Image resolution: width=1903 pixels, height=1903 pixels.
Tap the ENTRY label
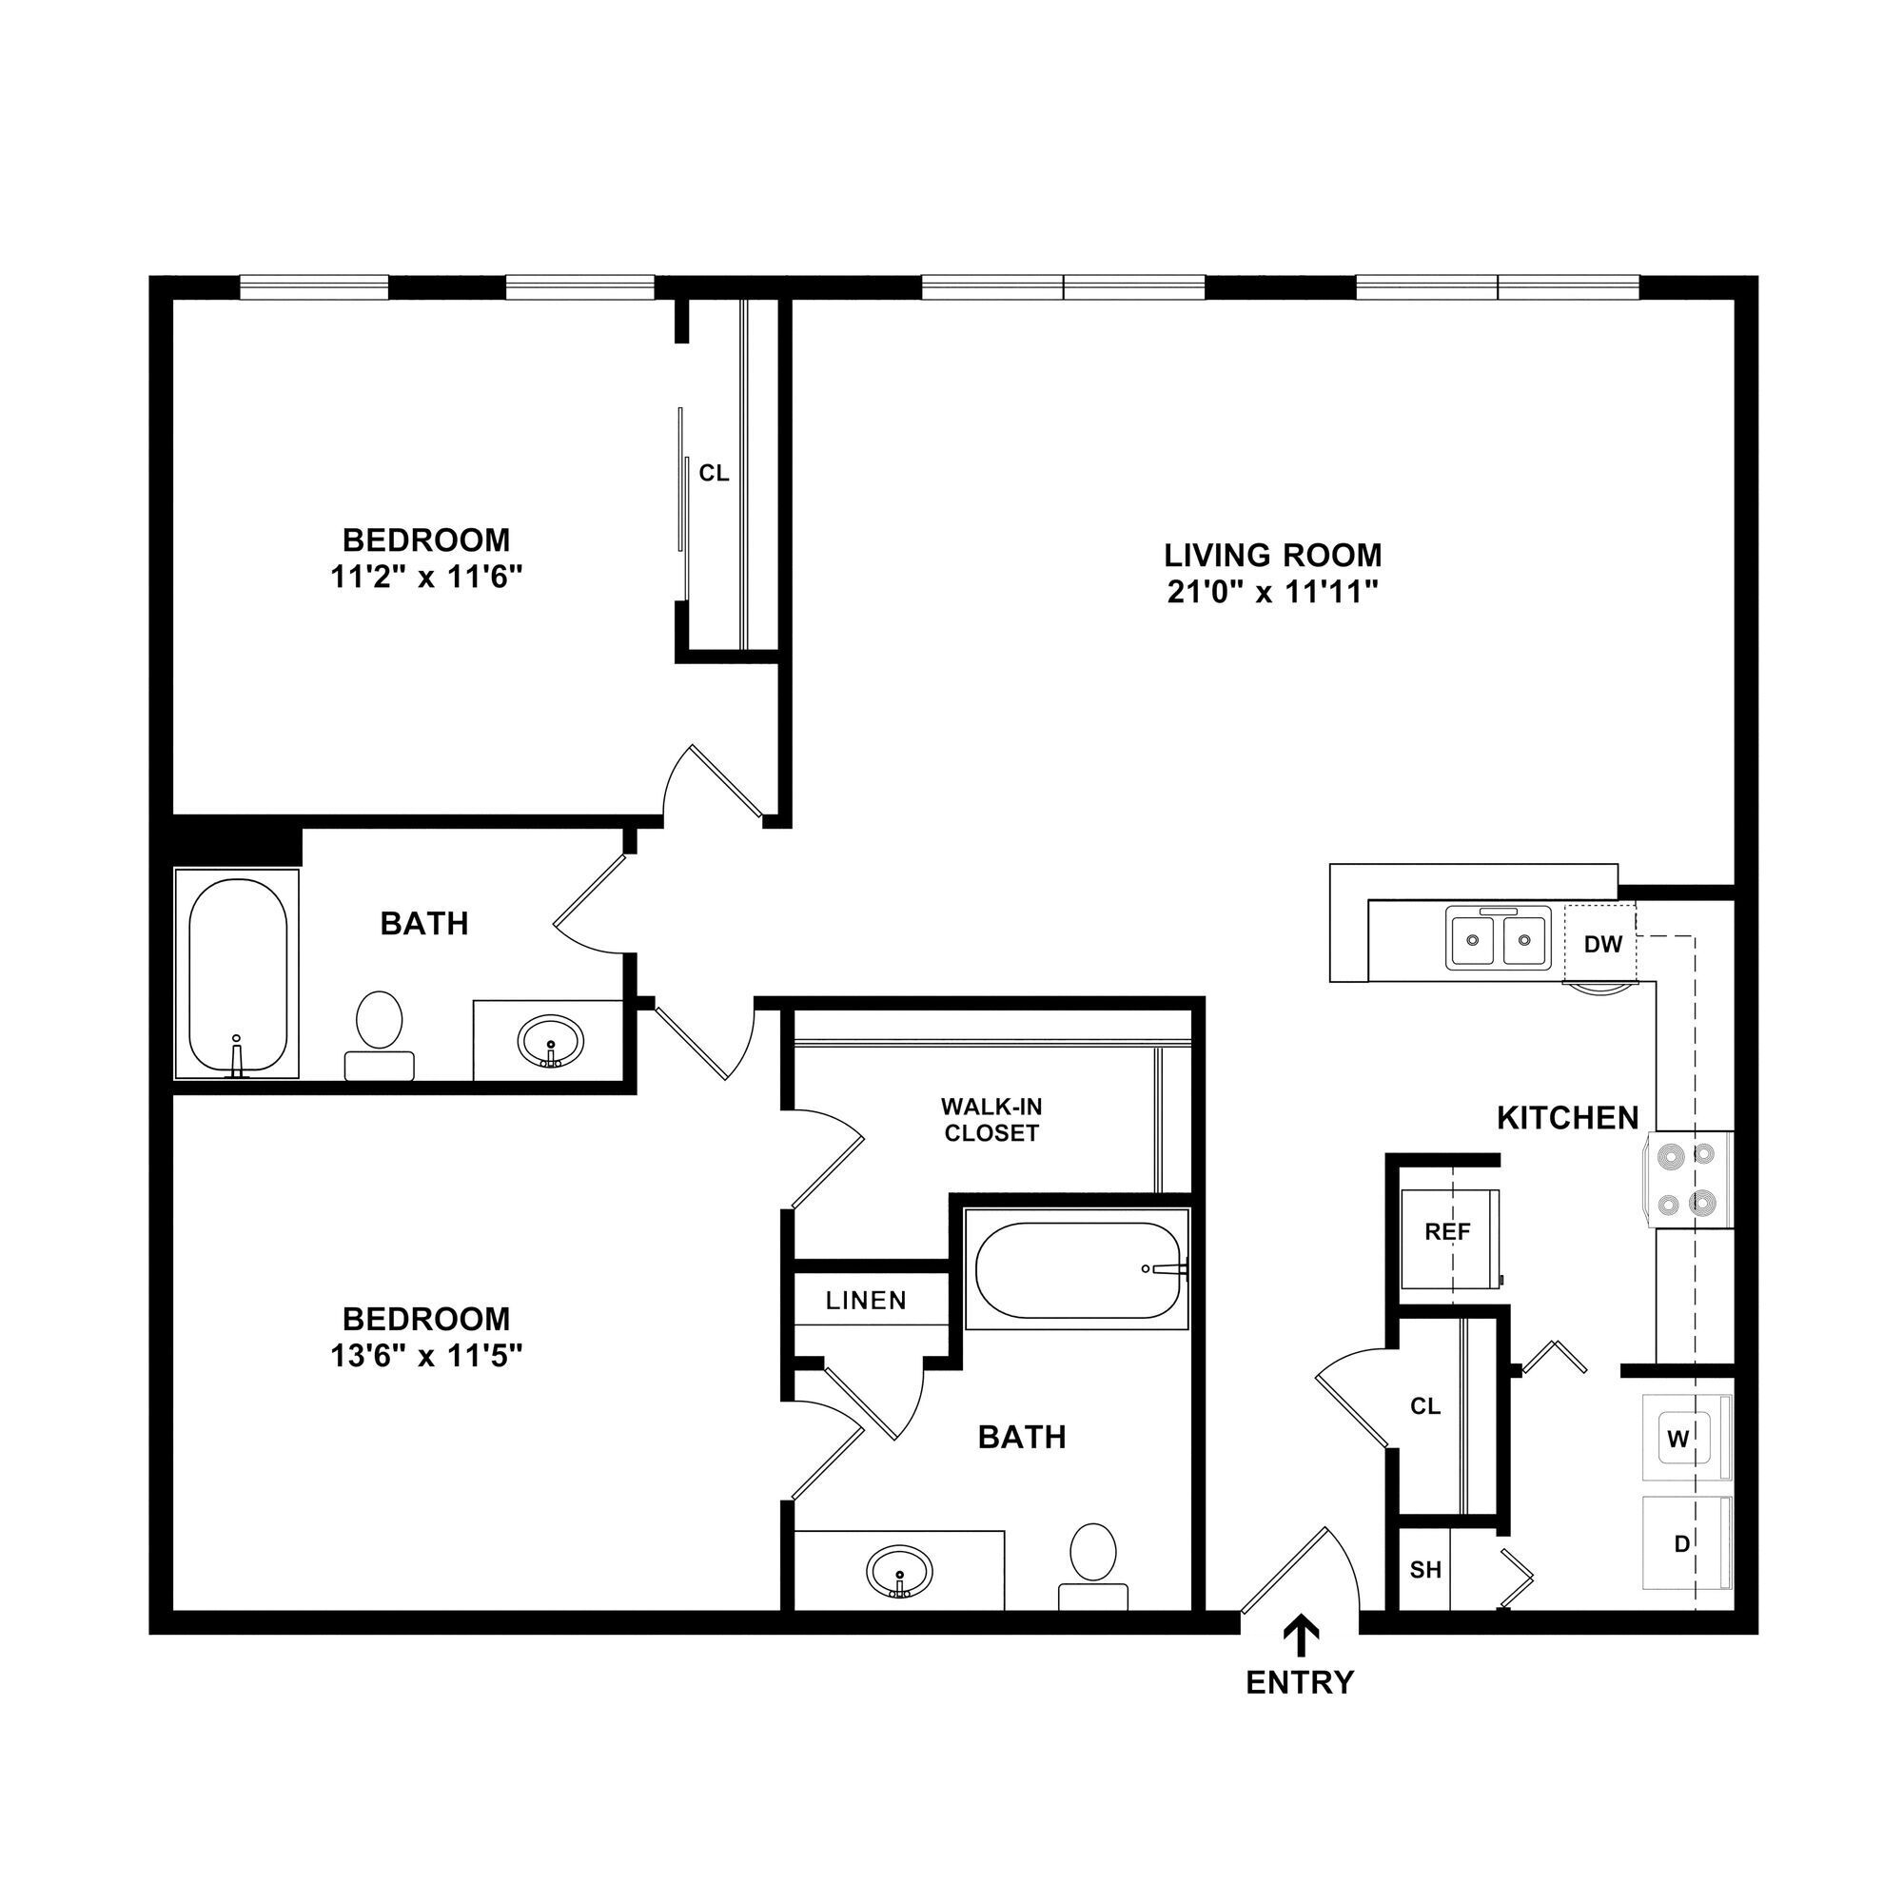pyautogui.click(x=1300, y=1682)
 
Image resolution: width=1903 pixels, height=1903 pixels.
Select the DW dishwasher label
pyautogui.click(x=1602, y=945)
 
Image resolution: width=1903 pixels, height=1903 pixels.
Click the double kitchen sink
pyautogui.click(x=1499, y=939)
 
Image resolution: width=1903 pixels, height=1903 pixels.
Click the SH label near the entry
pyautogui.click(x=1425, y=1570)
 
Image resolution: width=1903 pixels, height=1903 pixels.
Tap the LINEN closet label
pyautogui.click(x=866, y=1301)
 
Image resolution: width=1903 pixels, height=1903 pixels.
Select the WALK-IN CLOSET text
pyautogui.click(x=991, y=1120)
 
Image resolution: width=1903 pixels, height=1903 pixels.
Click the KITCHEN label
pyautogui.click(x=1568, y=1118)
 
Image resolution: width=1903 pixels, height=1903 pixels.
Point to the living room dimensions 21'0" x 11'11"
pyautogui.click(x=1272, y=593)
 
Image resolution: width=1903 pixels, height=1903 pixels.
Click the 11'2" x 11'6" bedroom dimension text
pyautogui.click(x=425, y=578)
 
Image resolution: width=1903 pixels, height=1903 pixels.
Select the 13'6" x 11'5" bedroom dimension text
pyautogui.click(x=425, y=1356)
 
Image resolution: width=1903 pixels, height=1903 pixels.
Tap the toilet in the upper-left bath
pyautogui.click(x=380, y=1030)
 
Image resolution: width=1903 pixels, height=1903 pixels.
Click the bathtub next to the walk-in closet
pyautogui.click(x=1078, y=1269)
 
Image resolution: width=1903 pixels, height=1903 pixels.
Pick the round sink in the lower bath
pyautogui.click(x=899, y=1571)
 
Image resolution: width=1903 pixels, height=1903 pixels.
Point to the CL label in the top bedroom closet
pyautogui.click(x=715, y=474)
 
